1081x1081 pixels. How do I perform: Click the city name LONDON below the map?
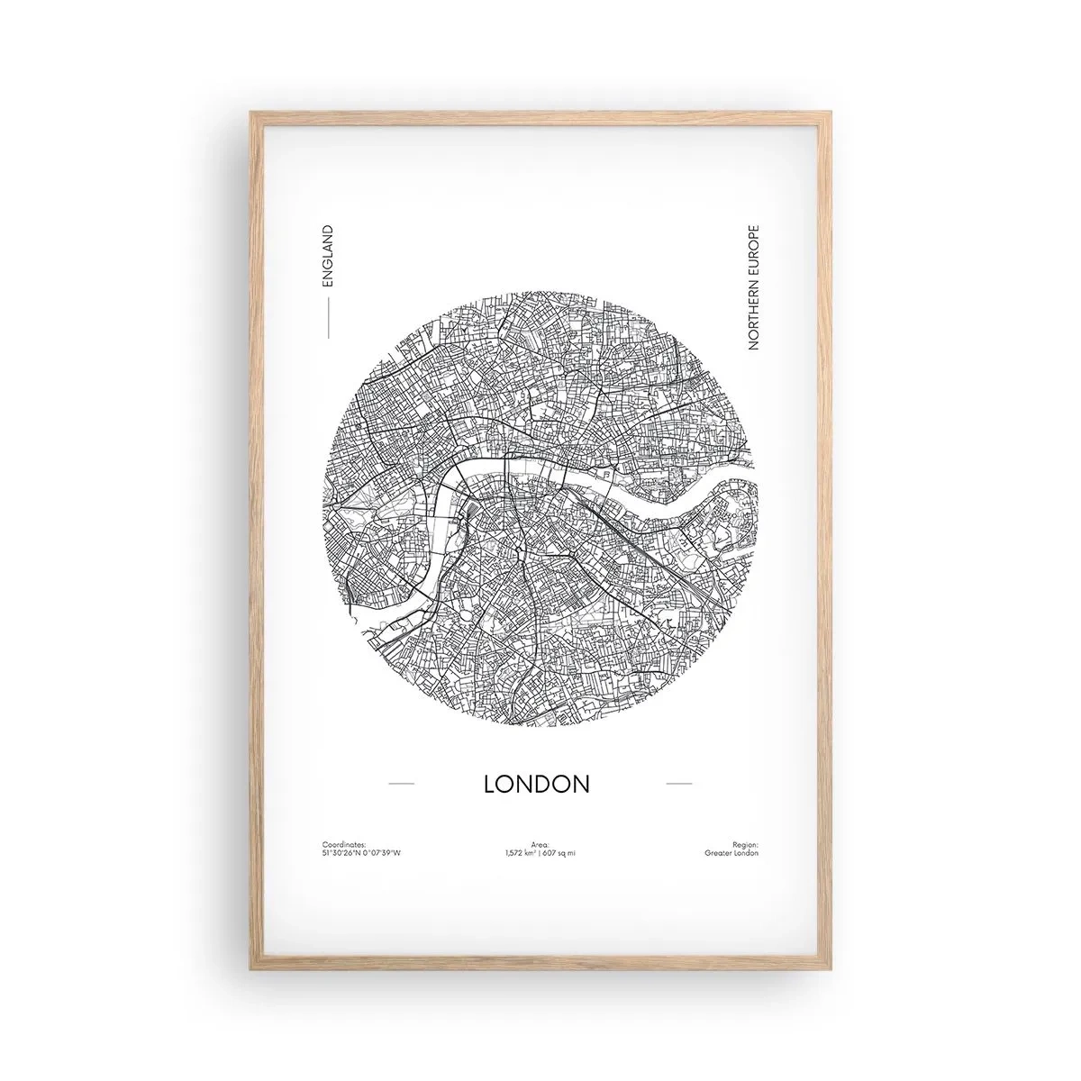537,784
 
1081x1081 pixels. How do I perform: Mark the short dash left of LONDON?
400,784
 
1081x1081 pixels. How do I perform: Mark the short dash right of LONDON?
678,784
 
